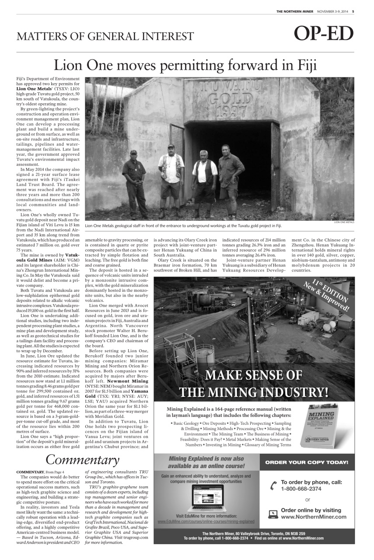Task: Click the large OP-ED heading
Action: point(323,34)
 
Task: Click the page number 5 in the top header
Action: point(353,11)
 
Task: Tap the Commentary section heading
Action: point(82,460)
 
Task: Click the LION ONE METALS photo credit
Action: point(344,222)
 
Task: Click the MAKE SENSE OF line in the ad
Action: point(254,375)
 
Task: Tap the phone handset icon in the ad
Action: point(273,485)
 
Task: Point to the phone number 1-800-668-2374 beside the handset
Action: point(301,488)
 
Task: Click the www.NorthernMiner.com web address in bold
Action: point(314,517)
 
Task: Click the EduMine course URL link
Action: point(206,521)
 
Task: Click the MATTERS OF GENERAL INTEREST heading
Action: point(105,36)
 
